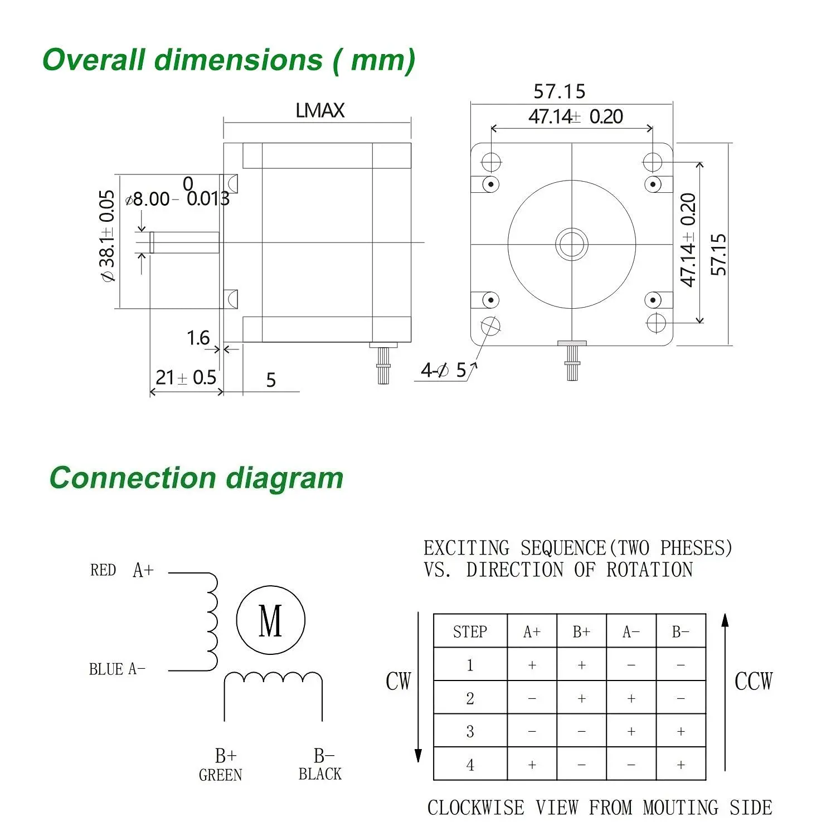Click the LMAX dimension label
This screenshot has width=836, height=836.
click(320, 110)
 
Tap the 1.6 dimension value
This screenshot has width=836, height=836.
click(198, 338)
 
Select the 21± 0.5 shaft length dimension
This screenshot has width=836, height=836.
click(186, 377)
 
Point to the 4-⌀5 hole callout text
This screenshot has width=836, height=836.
click(443, 370)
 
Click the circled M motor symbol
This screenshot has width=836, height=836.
click(271, 620)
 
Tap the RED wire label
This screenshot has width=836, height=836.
click(103, 570)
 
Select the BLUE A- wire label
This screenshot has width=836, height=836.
click(117, 669)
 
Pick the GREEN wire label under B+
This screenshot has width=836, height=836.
click(220, 775)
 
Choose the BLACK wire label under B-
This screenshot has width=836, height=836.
click(320, 774)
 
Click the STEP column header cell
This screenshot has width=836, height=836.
click(470, 631)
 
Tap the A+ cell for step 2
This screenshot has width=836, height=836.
click(532, 698)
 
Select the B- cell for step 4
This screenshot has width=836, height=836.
click(681, 765)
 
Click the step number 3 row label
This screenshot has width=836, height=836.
click(470, 731)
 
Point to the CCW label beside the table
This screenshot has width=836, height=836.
click(754, 682)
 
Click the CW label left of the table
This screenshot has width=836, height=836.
click(398, 682)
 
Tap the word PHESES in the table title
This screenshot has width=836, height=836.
click(696, 548)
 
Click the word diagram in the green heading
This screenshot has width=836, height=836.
click(285, 478)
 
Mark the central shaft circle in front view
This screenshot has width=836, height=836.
click(572, 244)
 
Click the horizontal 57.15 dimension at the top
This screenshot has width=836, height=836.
click(559, 91)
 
